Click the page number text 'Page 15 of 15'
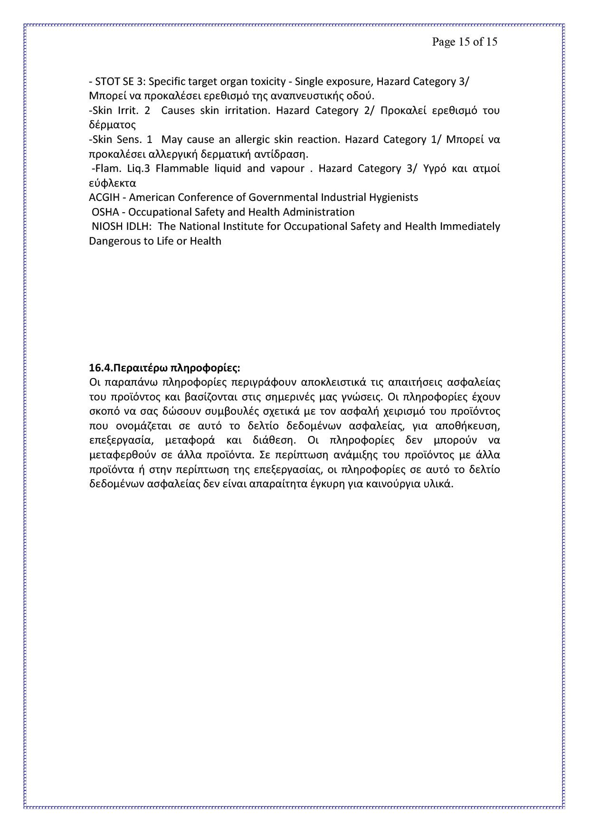(x=464, y=42)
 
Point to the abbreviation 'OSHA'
(x=105, y=212)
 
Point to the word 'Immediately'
(x=470, y=226)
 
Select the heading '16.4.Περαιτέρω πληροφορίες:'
(x=164, y=368)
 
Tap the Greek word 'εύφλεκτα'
(x=112, y=183)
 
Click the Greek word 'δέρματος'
(x=112, y=125)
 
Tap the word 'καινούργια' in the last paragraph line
(x=397, y=484)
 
